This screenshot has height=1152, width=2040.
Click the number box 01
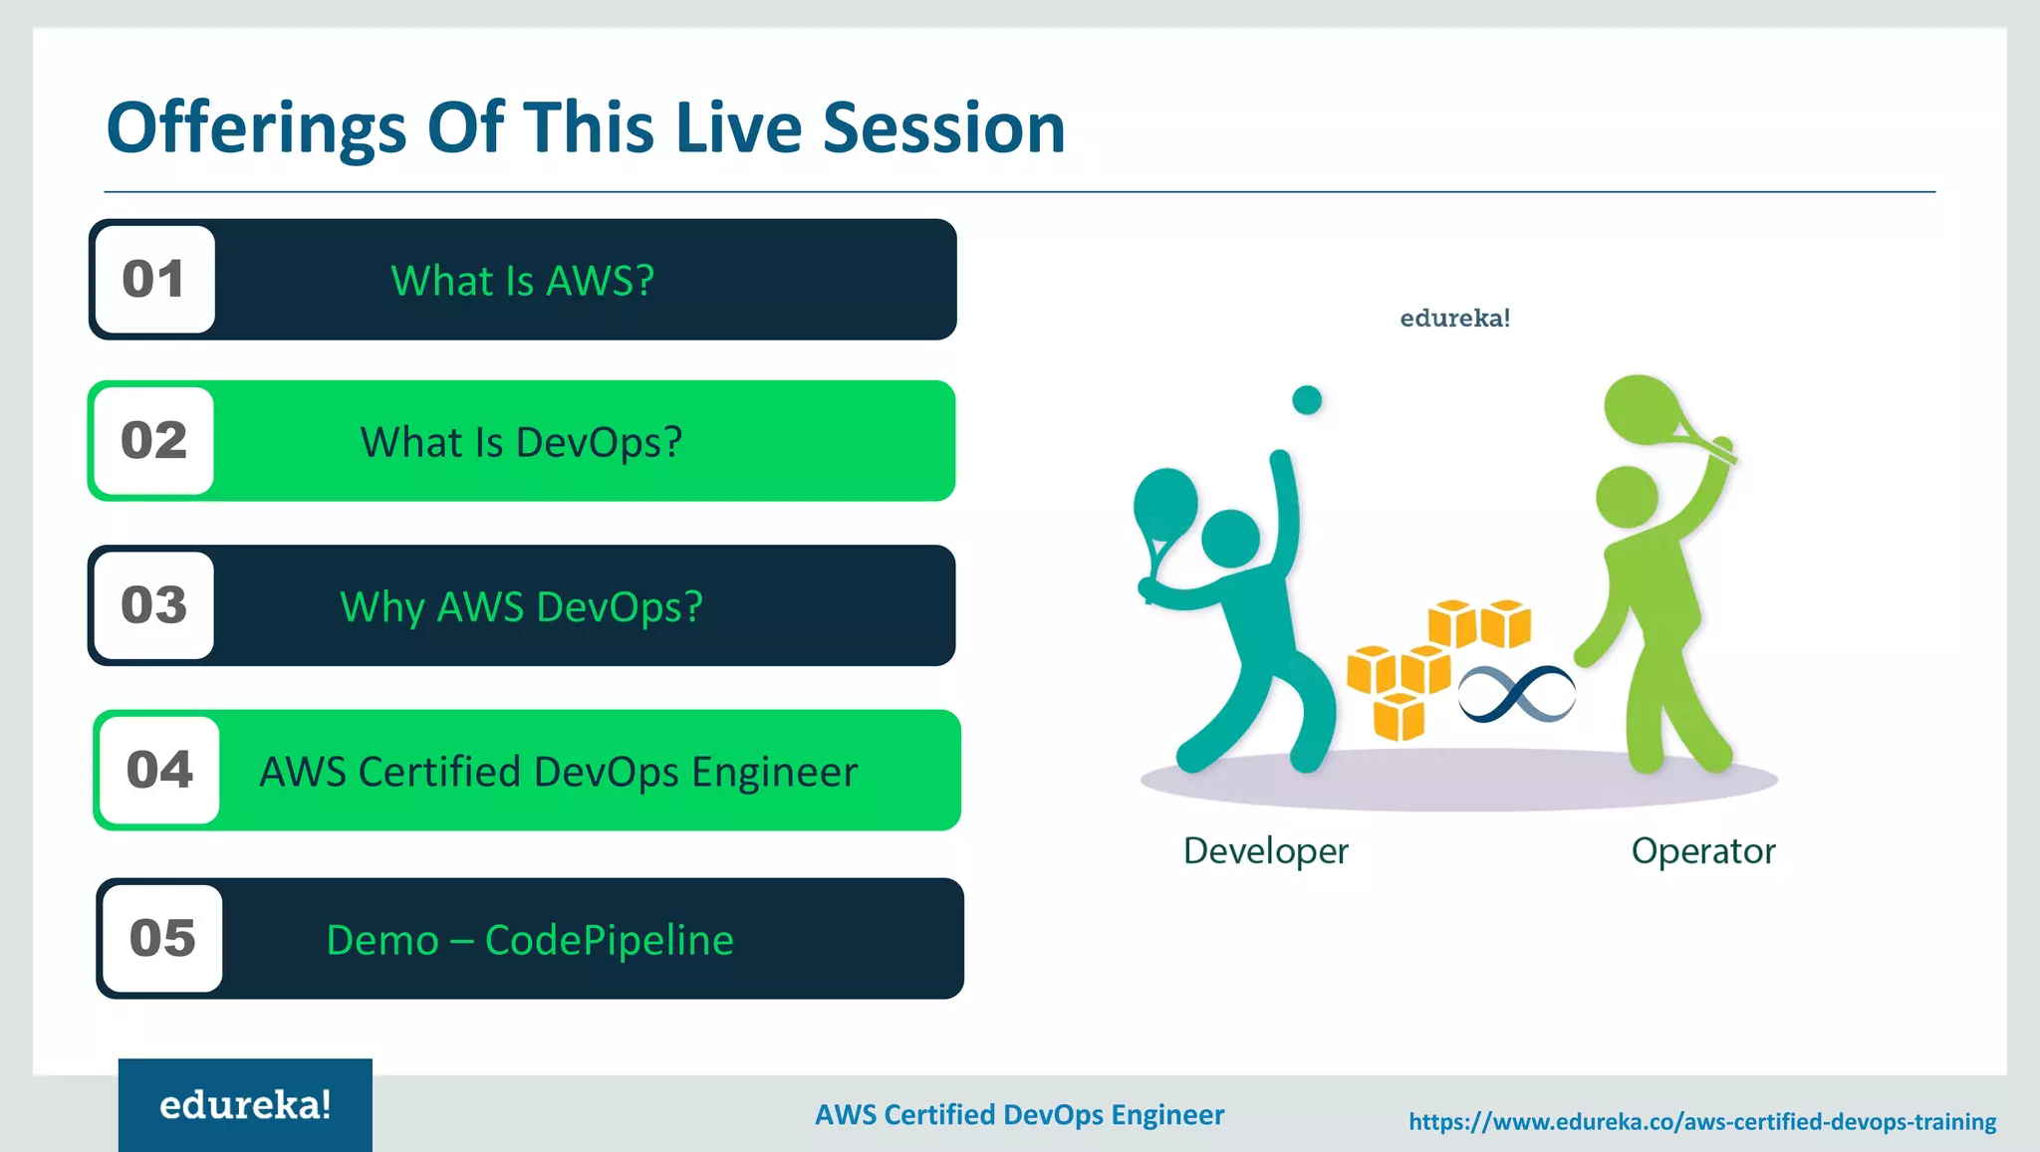tap(154, 280)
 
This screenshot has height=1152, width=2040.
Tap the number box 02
tap(154, 441)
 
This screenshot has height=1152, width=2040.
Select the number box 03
tap(154, 605)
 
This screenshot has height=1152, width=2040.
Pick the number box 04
tap(159, 770)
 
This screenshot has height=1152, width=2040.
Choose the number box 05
tap(162, 938)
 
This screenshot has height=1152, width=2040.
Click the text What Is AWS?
tap(522, 281)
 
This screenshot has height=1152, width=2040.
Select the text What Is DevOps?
tap(521, 442)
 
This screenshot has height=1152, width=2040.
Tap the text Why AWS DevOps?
tap(521, 606)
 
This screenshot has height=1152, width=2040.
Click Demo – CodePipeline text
tap(530, 940)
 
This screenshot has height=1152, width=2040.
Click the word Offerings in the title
tap(256, 129)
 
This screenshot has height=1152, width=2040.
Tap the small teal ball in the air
tap(1307, 400)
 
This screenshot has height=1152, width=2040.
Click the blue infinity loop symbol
tap(1516, 693)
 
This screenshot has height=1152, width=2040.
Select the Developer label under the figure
tap(1265, 851)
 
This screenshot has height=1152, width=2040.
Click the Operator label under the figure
tap(1702, 851)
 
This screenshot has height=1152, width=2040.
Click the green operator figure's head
tap(1626, 497)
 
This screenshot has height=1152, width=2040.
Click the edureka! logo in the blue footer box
tap(245, 1105)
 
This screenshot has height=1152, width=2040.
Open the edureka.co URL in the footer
tap(1701, 1122)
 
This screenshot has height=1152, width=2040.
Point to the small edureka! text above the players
tap(1454, 319)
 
